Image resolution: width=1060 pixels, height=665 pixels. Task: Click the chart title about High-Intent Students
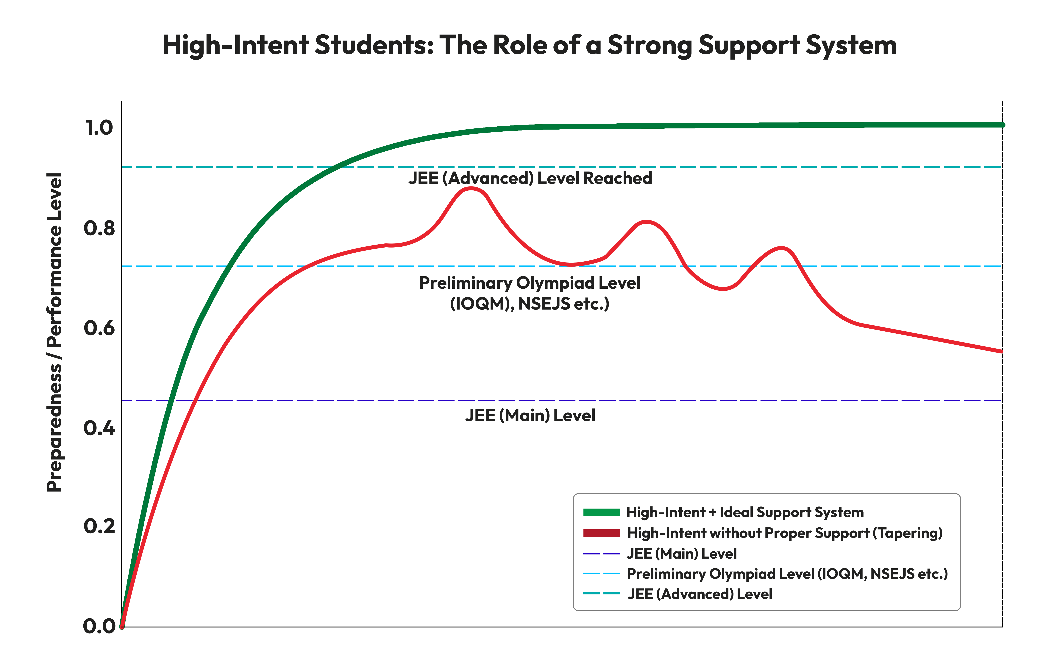[x=530, y=45]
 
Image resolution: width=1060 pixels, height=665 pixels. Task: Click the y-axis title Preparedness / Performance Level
[x=54, y=332]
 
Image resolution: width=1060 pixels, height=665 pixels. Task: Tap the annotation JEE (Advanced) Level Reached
[x=530, y=178]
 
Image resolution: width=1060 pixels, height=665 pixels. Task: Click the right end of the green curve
[x=1002, y=125]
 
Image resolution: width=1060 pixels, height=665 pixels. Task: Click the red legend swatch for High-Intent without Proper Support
[x=601, y=533]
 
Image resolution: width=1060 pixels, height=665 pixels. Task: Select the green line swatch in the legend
[x=601, y=512]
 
